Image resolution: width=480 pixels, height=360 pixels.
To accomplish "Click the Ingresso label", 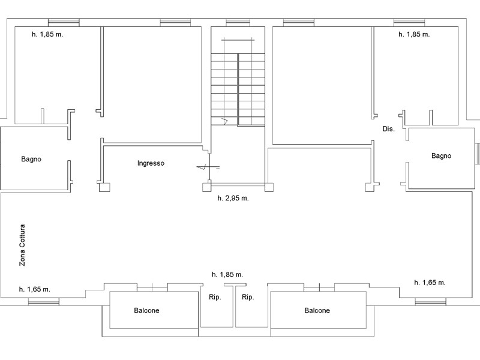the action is (x=151, y=163).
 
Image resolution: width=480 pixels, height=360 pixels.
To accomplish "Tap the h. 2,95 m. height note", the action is (x=233, y=198).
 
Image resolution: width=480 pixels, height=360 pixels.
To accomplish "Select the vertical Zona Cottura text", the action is (x=22, y=245).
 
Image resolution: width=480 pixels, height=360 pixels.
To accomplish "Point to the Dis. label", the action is (x=388, y=129).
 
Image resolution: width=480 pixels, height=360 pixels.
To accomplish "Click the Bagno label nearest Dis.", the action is (x=441, y=156).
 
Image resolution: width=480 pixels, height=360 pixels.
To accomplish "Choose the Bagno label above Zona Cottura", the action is (x=31, y=159).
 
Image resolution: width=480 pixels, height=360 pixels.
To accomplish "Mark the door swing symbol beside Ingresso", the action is (x=208, y=167).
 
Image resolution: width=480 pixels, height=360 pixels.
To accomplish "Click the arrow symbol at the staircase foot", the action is (x=224, y=122).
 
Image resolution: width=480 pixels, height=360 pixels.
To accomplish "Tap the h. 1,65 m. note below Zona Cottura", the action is (x=35, y=289).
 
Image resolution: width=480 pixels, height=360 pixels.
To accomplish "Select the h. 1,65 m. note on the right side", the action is (x=430, y=283).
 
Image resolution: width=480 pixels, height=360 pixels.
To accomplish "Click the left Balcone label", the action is (x=146, y=310).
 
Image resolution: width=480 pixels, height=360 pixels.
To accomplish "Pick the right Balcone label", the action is (x=317, y=310).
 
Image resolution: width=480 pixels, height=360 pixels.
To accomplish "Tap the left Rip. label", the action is (x=215, y=297).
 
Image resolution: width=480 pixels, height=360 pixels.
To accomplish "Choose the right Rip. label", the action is (x=248, y=297).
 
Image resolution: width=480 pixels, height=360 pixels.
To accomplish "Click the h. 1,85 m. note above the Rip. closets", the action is (x=227, y=275).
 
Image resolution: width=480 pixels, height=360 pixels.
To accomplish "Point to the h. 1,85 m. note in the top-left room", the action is (x=47, y=34).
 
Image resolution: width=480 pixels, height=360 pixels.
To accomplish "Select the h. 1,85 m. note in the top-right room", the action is (x=414, y=34).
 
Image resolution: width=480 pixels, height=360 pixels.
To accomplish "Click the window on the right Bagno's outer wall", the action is (x=477, y=154).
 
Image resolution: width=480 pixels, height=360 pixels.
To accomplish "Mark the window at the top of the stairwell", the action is (x=238, y=23).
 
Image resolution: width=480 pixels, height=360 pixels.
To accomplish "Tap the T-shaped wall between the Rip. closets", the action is (x=235, y=305).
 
